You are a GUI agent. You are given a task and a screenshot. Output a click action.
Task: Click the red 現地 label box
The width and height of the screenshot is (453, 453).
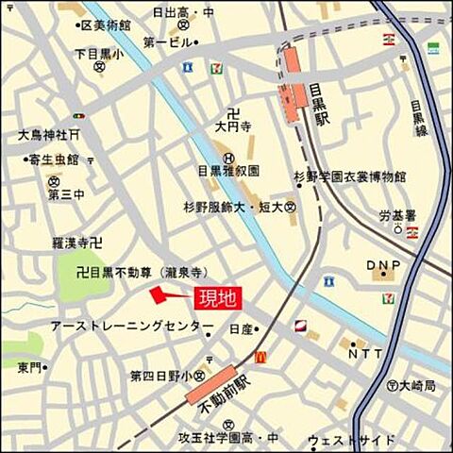[217, 298]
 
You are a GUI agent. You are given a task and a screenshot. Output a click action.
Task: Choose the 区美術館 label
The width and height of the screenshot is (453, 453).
[103, 23]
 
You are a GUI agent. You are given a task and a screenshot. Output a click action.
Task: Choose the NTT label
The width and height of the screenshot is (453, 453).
[365, 354]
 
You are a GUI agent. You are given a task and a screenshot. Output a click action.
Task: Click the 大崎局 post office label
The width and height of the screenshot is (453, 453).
[416, 385]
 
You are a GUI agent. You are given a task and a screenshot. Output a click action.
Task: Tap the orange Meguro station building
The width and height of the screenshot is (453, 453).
[291, 83]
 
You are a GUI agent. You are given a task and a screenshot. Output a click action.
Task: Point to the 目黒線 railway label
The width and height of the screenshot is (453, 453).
[420, 118]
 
